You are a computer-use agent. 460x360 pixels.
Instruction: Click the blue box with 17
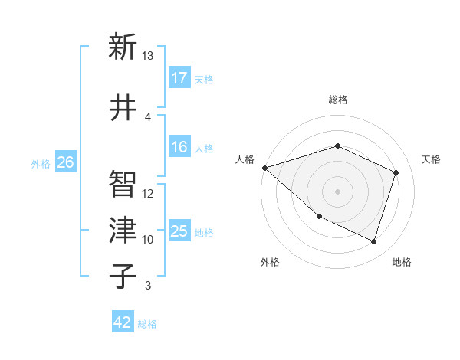click(x=179, y=77)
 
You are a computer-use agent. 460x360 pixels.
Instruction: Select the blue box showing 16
click(x=179, y=148)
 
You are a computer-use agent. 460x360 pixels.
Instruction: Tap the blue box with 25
click(x=179, y=231)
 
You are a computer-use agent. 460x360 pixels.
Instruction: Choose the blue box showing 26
click(x=66, y=162)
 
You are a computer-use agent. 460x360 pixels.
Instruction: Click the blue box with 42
click(x=123, y=322)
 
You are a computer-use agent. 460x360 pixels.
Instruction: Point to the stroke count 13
click(x=148, y=56)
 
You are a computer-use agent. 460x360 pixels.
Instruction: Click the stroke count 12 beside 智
click(x=148, y=194)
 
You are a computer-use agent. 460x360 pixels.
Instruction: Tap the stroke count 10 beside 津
click(x=148, y=240)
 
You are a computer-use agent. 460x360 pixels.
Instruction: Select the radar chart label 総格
click(x=337, y=100)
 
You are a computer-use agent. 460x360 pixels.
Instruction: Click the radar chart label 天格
click(x=431, y=159)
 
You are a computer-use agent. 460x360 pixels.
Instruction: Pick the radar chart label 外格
click(x=270, y=262)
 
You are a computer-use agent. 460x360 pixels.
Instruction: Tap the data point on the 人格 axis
click(x=264, y=168)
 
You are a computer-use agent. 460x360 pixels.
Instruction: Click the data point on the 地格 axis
click(x=373, y=241)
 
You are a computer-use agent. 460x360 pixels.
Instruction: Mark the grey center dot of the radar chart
click(x=337, y=191)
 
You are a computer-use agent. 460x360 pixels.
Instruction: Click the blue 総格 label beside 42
click(x=147, y=324)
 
